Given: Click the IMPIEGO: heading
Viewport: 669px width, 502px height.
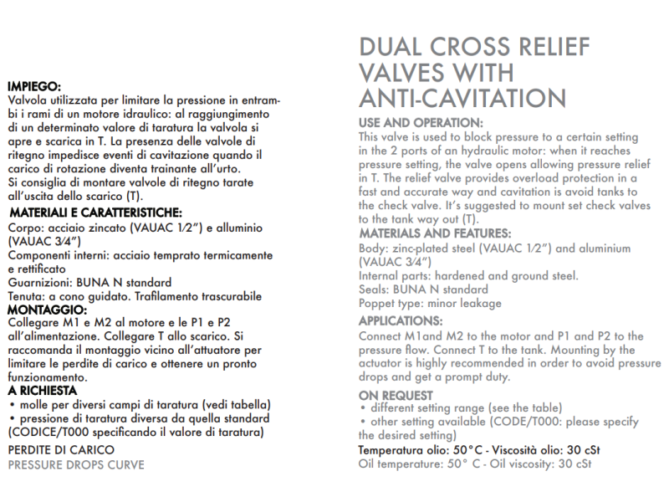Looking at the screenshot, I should coord(34,86).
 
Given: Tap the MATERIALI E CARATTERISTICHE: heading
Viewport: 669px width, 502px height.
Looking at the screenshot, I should coord(95,213).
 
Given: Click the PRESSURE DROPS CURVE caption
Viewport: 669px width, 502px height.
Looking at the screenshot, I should coord(76,464).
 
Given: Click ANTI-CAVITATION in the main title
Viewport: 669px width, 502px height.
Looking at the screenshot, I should coord(462,98).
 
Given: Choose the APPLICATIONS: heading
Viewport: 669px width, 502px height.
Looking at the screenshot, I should coord(401,320).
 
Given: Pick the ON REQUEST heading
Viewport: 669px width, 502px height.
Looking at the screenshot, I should coord(396,395).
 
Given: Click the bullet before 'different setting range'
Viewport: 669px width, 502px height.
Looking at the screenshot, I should coord(362,408).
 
